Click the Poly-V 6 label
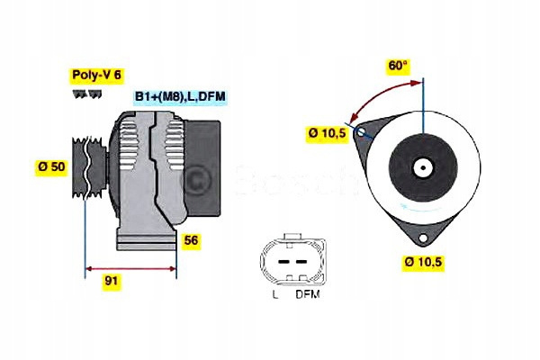97,75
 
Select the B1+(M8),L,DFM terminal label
180,96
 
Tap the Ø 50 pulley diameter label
51,166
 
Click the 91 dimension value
112,281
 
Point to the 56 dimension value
191,240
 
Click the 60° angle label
398,66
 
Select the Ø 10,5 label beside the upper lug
327,133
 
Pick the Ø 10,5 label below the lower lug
423,262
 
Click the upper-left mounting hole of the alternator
361,131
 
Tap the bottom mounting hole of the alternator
423,238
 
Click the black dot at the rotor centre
423,168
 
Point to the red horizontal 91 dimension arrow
130,269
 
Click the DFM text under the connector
308,294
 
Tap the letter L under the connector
275,294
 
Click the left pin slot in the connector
283,262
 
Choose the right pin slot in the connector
301,262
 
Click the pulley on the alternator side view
89,167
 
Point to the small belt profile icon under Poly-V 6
87,94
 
